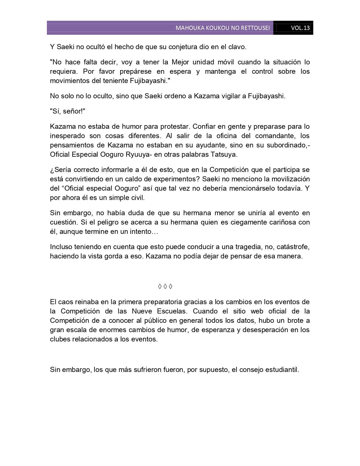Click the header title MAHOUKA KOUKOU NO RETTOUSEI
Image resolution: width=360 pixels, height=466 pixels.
pos(222,28)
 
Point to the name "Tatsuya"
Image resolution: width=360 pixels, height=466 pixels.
pos(225,155)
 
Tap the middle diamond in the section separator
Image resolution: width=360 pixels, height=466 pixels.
pos(165,287)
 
